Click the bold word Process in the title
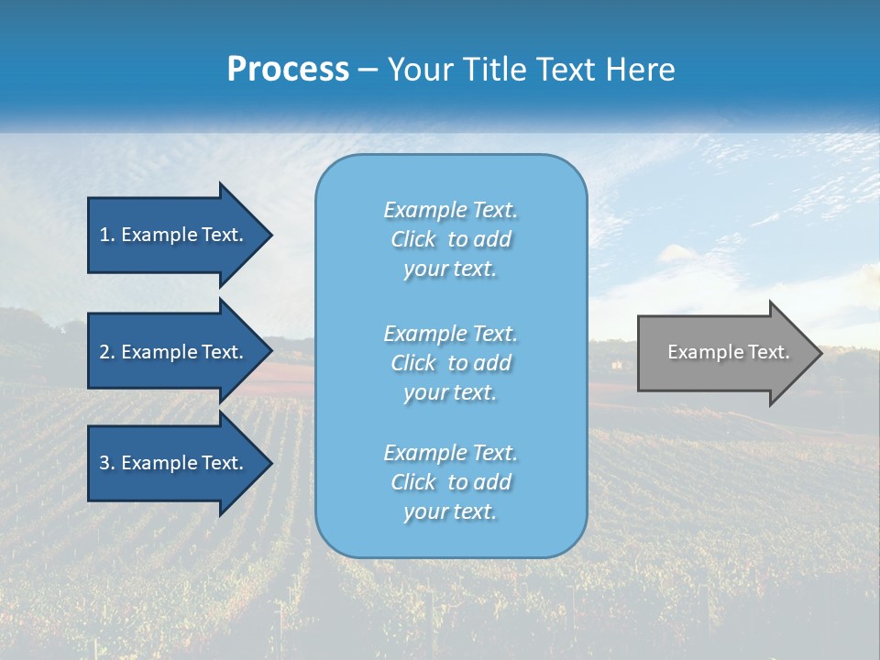tap(288, 70)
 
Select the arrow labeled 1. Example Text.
tap(174, 235)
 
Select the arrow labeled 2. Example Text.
tap(174, 352)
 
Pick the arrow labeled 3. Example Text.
tap(174, 463)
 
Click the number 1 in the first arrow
tap(105, 235)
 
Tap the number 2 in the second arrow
tap(105, 352)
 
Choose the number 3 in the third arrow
tap(105, 463)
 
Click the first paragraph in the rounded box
tap(451, 239)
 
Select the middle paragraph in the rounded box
tap(451, 363)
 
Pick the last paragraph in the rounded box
tap(451, 482)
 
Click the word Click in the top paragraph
tap(413, 239)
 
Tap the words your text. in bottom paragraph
tap(450, 511)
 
